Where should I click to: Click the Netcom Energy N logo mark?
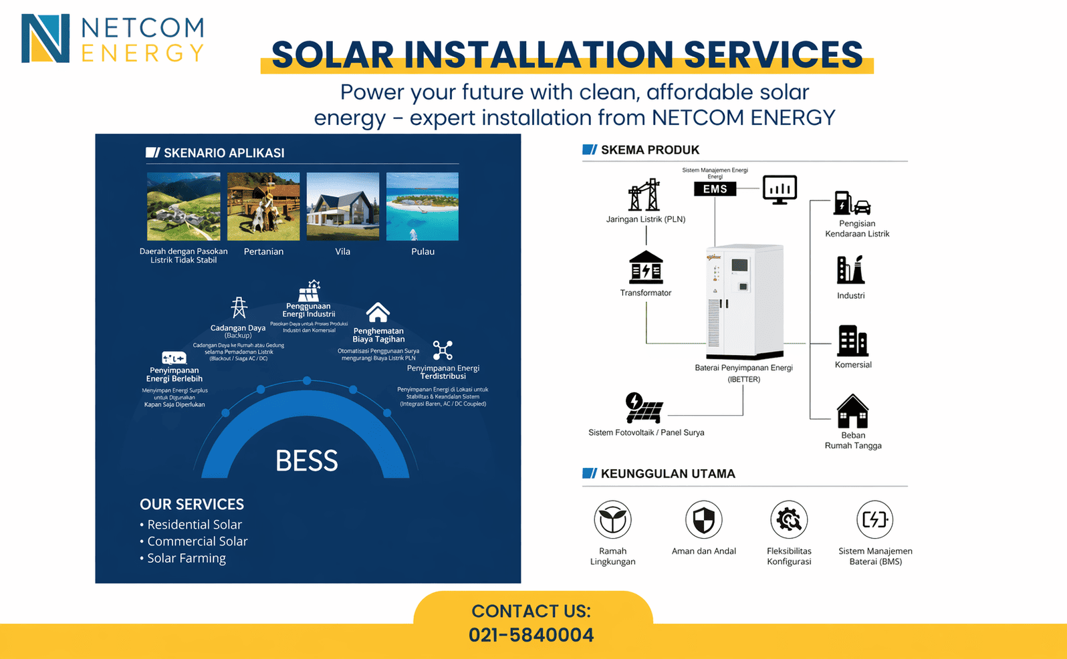(45, 39)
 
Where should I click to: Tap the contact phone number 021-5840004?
(531, 635)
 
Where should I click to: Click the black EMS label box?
(715, 189)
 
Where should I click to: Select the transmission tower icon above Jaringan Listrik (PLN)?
(644, 195)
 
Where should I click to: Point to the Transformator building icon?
(646, 268)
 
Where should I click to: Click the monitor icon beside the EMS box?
(780, 189)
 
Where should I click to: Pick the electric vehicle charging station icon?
(851, 203)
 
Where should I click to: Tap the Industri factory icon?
(850, 270)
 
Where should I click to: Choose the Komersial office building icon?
(852, 341)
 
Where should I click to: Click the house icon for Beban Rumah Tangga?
(852, 411)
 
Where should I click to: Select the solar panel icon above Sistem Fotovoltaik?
(643, 408)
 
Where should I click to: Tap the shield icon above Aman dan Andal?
(703, 519)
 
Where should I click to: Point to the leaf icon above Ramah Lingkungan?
(612, 519)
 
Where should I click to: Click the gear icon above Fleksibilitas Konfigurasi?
(789, 519)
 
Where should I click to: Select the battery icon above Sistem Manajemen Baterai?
(874, 519)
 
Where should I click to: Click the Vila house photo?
(342, 207)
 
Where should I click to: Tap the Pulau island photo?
(423, 207)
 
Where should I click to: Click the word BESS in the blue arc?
(306, 461)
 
